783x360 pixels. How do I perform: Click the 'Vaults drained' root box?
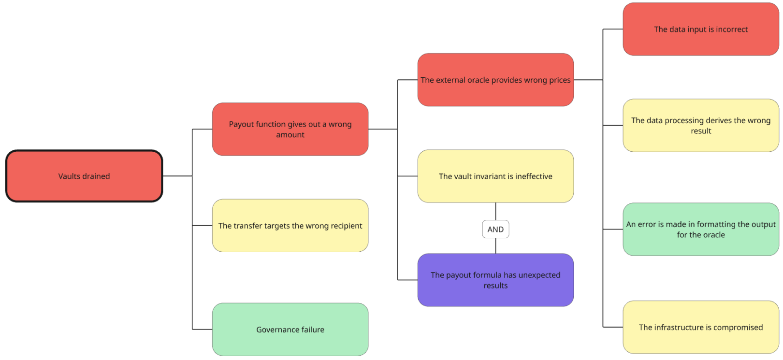click(x=84, y=176)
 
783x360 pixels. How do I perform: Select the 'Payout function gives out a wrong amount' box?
click(x=290, y=129)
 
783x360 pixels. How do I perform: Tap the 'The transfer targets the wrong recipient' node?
click(x=290, y=226)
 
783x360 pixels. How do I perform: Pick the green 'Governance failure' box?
click(x=290, y=330)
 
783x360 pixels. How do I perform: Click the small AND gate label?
click(x=495, y=229)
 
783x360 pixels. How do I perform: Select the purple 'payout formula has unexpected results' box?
click(x=495, y=280)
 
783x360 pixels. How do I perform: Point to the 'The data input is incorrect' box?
click(x=700, y=29)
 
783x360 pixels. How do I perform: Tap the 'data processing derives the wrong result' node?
click(x=700, y=125)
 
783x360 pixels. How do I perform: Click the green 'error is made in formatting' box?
click(x=700, y=229)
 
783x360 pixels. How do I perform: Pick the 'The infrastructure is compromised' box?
click(x=700, y=327)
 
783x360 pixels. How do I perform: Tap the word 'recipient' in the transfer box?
click(x=346, y=226)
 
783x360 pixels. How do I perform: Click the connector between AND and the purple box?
click(x=495, y=246)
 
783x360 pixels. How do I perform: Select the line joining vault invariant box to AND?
click(x=495, y=211)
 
